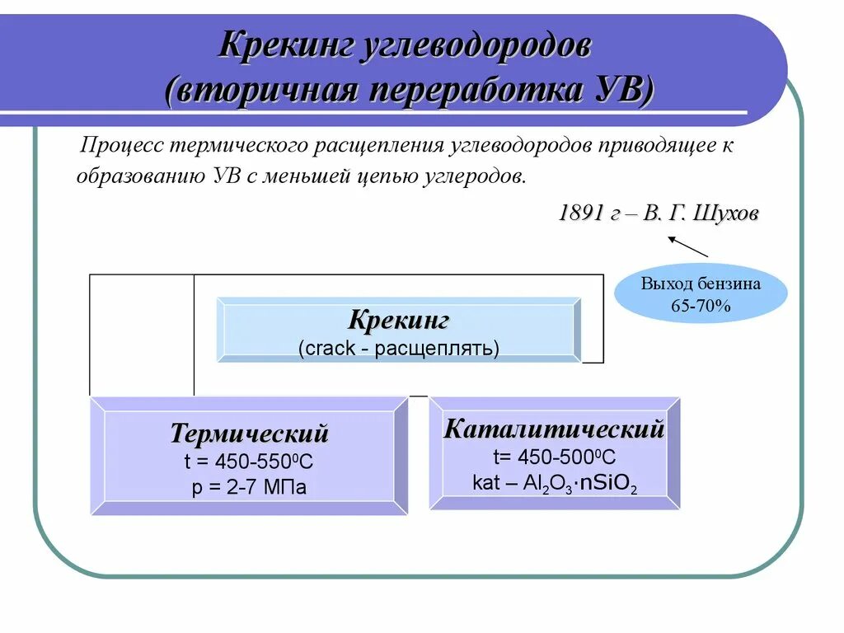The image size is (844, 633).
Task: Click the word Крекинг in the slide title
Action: pos(285,45)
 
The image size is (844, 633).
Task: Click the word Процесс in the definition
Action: pos(120,146)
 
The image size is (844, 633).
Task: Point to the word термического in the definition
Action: pos(238,146)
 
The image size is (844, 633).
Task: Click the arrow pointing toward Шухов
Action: pos(687,246)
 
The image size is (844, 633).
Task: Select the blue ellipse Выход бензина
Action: pos(701,293)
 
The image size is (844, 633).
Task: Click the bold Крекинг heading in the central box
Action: pos(399,320)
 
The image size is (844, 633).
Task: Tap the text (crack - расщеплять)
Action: pos(399,348)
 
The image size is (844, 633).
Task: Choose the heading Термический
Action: pos(249,434)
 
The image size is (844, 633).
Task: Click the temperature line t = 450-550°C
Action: pos(249,462)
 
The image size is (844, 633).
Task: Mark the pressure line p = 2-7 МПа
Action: pos(249,487)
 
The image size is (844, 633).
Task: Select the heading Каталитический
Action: pos(554,429)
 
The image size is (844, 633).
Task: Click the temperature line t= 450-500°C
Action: pos(554,457)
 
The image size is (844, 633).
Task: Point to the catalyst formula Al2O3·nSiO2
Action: pos(580,484)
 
